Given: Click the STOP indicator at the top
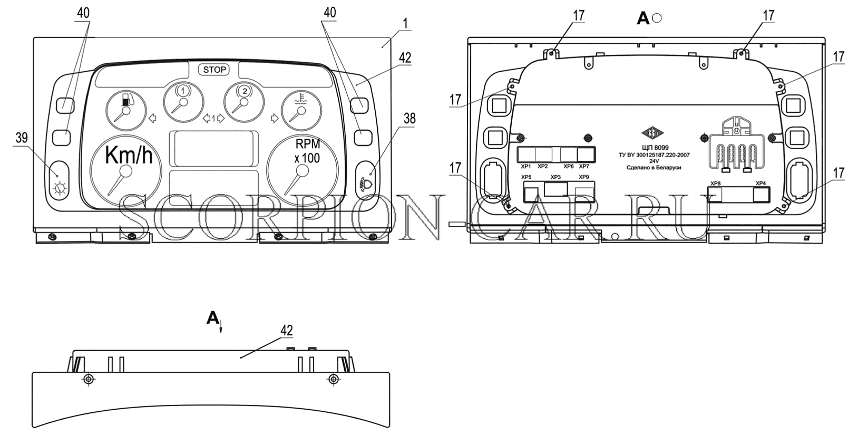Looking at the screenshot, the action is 214,70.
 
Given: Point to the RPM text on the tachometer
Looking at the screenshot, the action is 308,144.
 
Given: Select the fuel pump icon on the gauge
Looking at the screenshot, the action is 127,100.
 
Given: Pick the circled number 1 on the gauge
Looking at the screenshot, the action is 183,91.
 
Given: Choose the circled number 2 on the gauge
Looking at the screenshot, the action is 245,91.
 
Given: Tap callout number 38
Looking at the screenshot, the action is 409,119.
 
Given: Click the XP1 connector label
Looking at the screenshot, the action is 526,167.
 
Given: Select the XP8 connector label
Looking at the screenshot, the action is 715,183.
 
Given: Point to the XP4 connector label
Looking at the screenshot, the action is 760,183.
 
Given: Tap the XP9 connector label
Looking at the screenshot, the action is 584,177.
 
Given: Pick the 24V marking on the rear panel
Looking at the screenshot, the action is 654,161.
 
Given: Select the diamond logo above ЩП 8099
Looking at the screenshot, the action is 652,133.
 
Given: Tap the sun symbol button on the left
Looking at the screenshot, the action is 60,189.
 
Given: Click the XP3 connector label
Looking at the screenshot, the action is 555,177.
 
